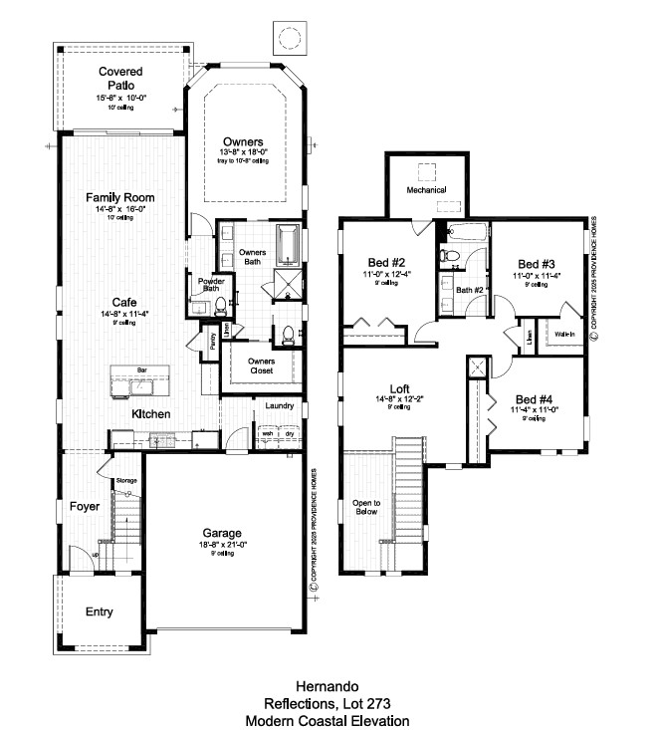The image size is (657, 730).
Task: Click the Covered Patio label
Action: click(120, 78)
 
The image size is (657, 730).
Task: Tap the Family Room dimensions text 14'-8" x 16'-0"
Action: click(120, 209)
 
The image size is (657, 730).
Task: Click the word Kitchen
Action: click(151, 413)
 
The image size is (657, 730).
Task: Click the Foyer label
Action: click(85, 507)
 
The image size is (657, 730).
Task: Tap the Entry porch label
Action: click(98, 611)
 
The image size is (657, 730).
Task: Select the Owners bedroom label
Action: click(243, 141)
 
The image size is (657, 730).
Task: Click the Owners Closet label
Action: click(261, 365)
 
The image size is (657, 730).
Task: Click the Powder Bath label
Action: click(209, 286)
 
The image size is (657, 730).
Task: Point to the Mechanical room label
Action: click(426, 189)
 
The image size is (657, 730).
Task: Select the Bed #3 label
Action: click(536, 263)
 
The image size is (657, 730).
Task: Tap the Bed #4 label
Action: click(536, 397)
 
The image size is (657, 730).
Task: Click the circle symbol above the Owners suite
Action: click(289, 39)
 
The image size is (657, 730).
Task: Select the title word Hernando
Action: click(328, 686)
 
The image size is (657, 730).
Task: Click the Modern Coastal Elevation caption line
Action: click(328, 720)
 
